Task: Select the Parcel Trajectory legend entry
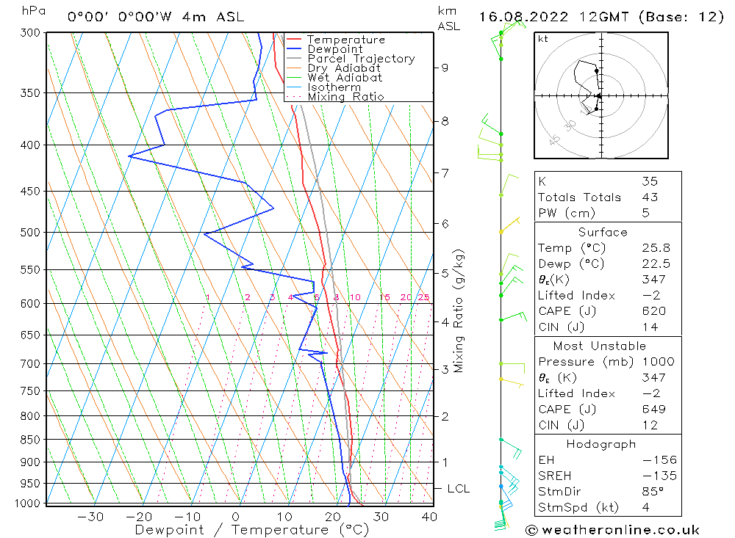[361, 59]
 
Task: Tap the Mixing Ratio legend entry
[345, 97]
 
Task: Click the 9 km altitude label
[445, 68]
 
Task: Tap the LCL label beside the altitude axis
[458, 489]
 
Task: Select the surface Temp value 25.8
[653, 248]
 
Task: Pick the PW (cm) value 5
[645, 213]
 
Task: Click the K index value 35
[649, 181]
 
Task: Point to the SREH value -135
[659, 476]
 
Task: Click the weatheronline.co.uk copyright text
[612, 529]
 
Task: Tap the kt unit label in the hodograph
[543, 39]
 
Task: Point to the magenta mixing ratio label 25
[423, 297]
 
